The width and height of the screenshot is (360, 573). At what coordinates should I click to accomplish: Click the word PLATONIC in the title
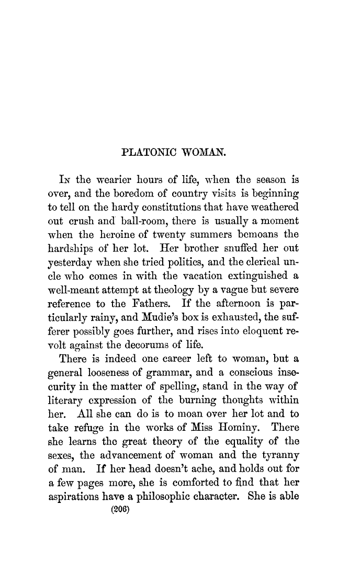click(149, 153)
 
